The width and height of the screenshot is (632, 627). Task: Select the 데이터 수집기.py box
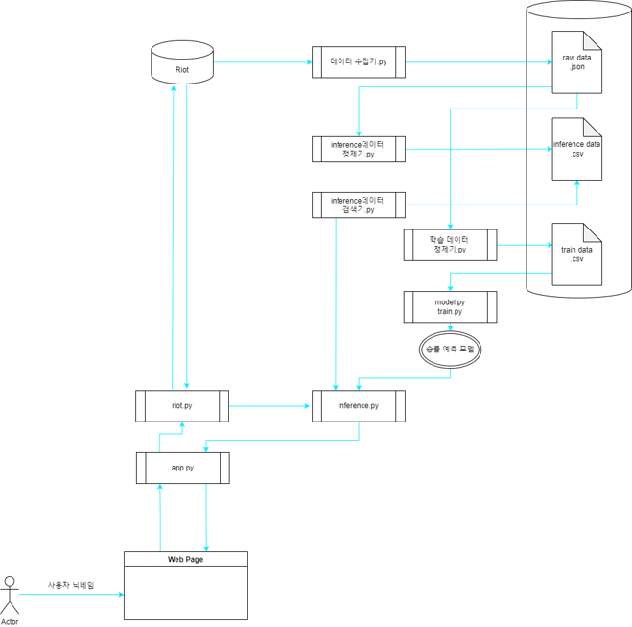358,62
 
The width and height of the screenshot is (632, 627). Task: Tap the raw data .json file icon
577,62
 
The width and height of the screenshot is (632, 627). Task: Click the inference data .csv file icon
577,149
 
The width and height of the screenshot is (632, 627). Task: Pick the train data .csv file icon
577,253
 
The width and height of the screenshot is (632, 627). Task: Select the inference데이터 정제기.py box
358,149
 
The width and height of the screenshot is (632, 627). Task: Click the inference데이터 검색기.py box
358,205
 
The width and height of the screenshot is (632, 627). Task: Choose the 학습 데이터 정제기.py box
450,245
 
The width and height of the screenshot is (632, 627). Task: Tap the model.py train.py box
450,307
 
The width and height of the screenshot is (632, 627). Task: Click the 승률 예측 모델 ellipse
450,350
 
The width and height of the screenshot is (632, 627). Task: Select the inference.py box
358,406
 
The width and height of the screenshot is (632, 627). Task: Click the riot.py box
181,406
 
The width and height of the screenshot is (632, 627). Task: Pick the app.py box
181,468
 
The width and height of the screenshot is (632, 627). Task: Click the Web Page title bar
185,559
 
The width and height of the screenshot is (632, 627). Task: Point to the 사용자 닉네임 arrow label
71,585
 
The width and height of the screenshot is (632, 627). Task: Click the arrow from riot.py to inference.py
270,406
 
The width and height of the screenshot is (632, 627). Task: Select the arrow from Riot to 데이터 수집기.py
262,62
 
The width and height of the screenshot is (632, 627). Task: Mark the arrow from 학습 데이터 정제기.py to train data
524,245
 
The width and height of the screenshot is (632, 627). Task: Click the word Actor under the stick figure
10,621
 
